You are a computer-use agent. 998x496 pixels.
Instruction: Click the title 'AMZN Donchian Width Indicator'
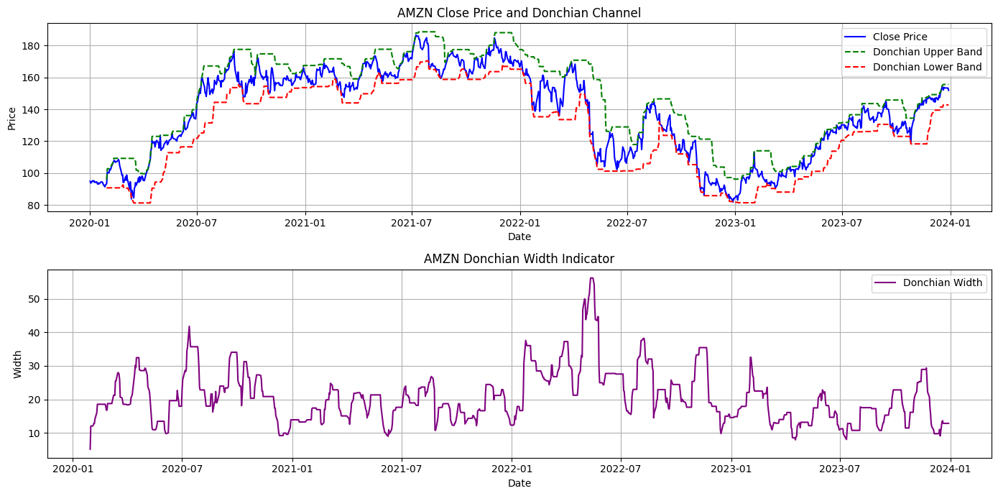519,259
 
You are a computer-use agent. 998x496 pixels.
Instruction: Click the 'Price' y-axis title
12,118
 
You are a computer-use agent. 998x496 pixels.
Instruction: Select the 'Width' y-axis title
18,364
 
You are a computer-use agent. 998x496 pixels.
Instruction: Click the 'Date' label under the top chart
519,236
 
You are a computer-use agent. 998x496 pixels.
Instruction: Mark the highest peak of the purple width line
591,278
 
